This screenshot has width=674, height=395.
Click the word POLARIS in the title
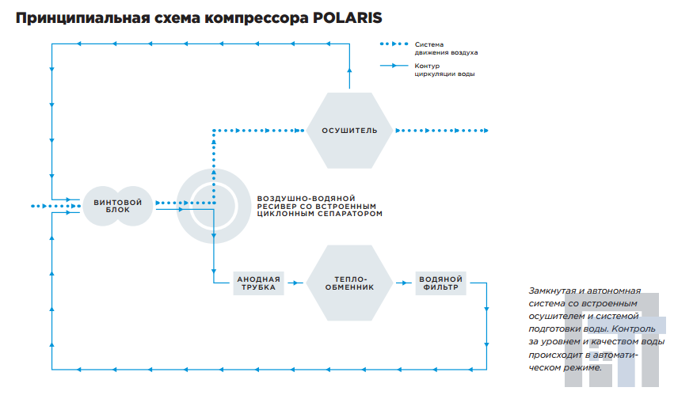tap(348, 18)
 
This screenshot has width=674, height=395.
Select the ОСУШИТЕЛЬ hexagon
tap(349, 131)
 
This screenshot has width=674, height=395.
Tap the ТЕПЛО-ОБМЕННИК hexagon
tap(349, 283)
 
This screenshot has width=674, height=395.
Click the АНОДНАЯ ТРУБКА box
tap(258, 283)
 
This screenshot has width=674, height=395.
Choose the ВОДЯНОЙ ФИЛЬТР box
tap(440, 283)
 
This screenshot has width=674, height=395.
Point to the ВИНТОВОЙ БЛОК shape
tap(118, 206)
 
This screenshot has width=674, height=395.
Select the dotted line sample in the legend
tap(394, 44)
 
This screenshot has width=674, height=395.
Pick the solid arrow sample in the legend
tap(394, 66)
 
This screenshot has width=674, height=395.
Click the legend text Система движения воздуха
tap(446, 48)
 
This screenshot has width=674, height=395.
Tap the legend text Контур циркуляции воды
tap(444, 70)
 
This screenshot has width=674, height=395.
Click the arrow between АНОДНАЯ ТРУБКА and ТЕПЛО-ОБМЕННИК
tap(295, 283)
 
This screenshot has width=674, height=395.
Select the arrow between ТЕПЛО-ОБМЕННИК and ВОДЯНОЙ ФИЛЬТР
tap(404, 283)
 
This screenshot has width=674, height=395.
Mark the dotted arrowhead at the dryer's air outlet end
tap(486, 131)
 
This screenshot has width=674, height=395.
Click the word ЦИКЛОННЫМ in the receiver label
tap(284, 214)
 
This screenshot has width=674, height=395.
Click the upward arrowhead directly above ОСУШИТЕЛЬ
tap(349, 70)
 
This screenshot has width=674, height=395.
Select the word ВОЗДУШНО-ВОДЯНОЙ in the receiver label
tap(306, 199)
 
